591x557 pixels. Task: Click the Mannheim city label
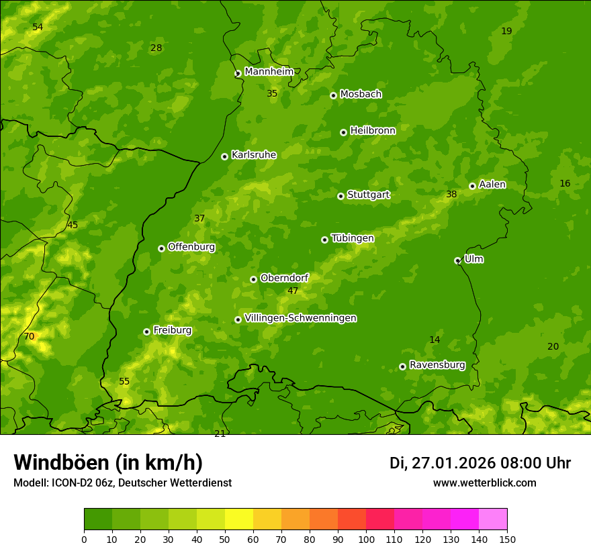pyautogui.click(x=269, y=72)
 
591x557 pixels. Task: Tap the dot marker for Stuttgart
pyautogui.click(x=341, y=196)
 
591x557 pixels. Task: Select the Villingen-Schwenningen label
pyautogui.click(x=300, y=318)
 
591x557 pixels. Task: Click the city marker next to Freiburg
pyautogui.click(x=146, y=332)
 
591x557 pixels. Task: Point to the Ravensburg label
pyautogui.click(x=437, y=365)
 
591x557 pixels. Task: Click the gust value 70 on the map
pyautogui.click(x=29, y=336)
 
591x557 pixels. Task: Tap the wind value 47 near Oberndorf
pyautogui.click(x=293, y=291)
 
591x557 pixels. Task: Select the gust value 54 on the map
pyautogui.click(x=38, y=27)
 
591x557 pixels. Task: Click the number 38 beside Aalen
pyautogui.click(x=451, y=194)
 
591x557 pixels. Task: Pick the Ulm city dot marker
pyautogui.click(x=457, y=260)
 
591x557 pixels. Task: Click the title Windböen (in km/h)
pyautogui.click(x=108, y=462)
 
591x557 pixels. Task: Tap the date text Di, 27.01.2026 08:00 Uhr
pyautogui.click(x=480, y=463)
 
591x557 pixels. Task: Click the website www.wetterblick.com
pyautogui.click(x=485, y=483)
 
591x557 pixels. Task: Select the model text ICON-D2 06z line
pyautogui.click(x=122, y=483)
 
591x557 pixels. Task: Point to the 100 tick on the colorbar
pyautogui.click(x=366, y=539)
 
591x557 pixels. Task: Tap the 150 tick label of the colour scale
pyautogui.click(x=507, y=539)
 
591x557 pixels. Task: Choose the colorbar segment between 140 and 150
pyautogui.click(x=493, y=519)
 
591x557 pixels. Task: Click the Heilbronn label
pyautogui.click(x=373, y=130)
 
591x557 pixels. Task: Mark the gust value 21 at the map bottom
pyautogui.click(x=220, y=434)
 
